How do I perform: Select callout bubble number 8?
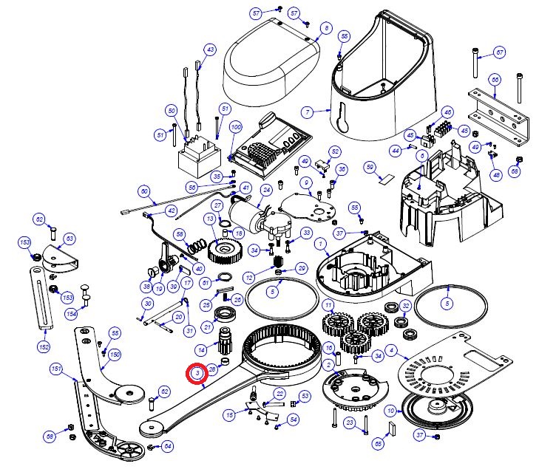click(325, 28)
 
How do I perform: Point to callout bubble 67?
click(500, 53)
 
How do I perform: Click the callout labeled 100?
click(236, 128)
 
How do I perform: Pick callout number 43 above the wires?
click(210, 49)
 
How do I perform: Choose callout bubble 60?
click(144, 191)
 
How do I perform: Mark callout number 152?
click(44, 346)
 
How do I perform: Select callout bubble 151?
click(56, 368)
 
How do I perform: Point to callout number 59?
click(370, 167)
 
